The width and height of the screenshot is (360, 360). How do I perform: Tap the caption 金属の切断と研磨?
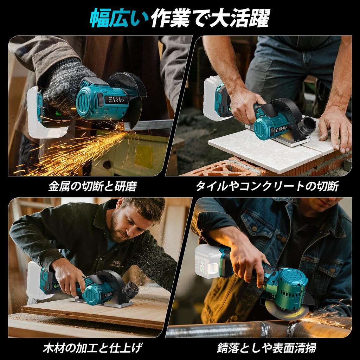tap(92, 186)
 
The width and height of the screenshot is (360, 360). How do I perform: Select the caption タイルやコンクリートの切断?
tap(267, 186)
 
